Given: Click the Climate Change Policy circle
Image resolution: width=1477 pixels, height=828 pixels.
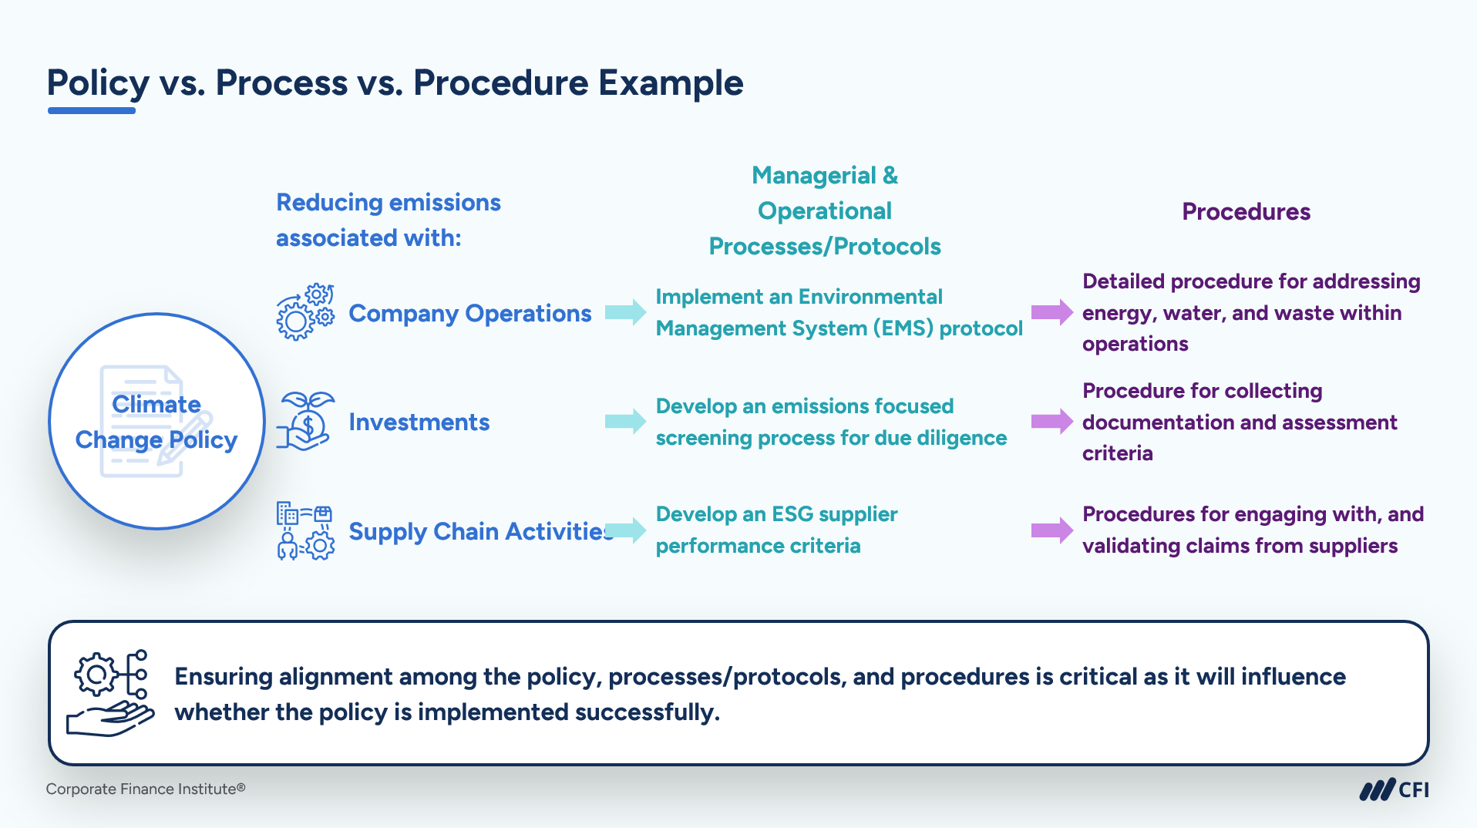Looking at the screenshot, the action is click(156, 421).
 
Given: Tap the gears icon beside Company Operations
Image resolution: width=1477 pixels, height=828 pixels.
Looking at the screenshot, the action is click(305, 312).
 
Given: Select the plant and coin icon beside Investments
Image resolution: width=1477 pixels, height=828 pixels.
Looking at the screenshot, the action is click(305, 421).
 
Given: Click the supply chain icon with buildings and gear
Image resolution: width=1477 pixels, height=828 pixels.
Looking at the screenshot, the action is click(305, 530).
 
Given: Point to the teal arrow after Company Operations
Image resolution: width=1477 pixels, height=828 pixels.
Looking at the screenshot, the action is click(625, 312).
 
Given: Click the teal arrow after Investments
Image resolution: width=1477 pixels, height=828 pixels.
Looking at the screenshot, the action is click(625, 421).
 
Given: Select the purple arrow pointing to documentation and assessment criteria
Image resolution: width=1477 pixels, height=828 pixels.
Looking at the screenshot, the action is click(1052, 421).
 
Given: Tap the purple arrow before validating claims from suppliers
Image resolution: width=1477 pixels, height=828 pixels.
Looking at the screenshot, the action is click(1052, 530).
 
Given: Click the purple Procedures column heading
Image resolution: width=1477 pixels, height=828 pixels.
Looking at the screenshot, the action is click(1246, 211).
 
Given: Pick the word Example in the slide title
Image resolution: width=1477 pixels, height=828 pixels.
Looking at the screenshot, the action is click(671, 82).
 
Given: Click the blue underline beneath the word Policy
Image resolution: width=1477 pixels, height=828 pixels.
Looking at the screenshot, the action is click(92, 111).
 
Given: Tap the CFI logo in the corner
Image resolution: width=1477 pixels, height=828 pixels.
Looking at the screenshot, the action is click(1394, 789).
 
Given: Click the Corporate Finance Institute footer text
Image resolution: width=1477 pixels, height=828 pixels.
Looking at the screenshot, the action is click(146, 789).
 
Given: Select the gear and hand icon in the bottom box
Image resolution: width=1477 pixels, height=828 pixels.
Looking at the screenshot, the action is click(110, 693).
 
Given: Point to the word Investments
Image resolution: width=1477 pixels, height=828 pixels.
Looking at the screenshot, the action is click(419, 422).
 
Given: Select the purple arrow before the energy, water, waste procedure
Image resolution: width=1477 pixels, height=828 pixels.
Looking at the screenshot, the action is click(1052, 312).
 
